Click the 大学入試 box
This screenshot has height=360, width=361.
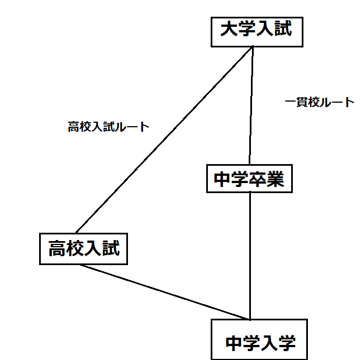[x=256, y=31]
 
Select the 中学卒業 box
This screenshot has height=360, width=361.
[x=249, y=179]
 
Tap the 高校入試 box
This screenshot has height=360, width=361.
[x=84, y=248]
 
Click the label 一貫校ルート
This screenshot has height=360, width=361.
[x=319, y=102]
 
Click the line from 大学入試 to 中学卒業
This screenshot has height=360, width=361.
[x=251, y=106]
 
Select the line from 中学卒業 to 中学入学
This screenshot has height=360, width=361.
[x=250, y=257]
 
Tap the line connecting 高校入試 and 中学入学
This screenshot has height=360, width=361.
[x=165, y=292]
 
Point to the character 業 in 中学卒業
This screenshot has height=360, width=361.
[x=275, y=179]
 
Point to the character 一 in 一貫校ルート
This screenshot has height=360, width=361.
[x=290, y=102]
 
